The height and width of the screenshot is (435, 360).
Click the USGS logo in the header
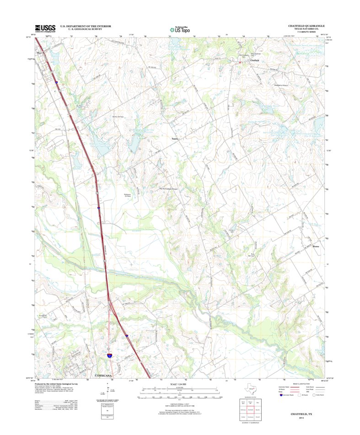point(44,28)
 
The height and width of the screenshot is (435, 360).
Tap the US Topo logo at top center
point(180,28)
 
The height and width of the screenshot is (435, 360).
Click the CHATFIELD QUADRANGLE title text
point(306,26)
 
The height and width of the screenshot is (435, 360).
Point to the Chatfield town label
point(254,60)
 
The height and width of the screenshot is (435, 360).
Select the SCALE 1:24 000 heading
point(179,384)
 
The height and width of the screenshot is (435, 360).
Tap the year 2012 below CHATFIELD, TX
point(301,418)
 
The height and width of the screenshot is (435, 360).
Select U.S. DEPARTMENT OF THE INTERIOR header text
point(86,26)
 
